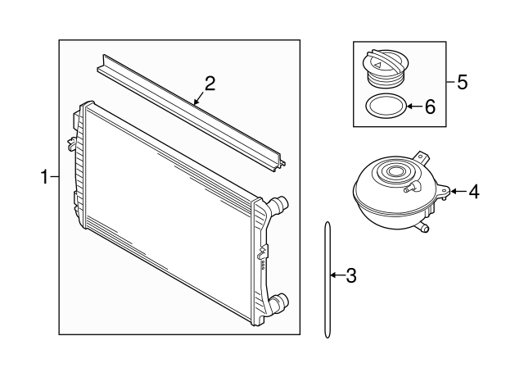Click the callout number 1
point(45,175)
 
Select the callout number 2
point(210,83)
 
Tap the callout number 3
point(351,275)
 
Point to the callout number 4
point(472,192)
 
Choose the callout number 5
point(462,82)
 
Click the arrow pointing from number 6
point(413,107)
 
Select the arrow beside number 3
point(336,275)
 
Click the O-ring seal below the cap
point(383,107)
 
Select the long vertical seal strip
point(327,279)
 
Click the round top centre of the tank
point(396,173)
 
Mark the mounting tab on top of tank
point(422,157)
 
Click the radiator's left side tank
point(78,164)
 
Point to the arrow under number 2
point(197,100)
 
